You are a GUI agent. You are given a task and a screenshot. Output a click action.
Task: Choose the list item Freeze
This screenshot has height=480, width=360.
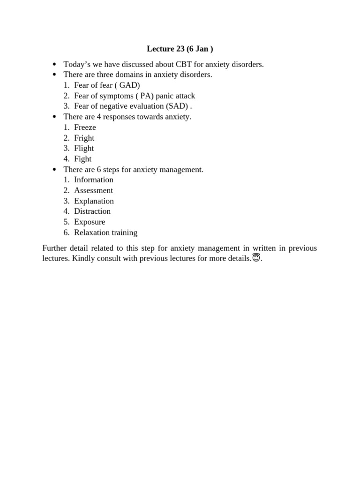click(x=85, y=127)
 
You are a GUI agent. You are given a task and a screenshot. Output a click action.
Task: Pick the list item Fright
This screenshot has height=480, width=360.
click(x=84, y=138)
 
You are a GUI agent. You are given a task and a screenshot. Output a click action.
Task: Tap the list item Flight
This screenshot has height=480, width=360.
click(x=84, y=148)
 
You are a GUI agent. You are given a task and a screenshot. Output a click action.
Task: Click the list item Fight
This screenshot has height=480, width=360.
click(x=82, y=159)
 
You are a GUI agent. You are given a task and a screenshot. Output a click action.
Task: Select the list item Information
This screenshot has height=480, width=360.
click(x=94, y=180)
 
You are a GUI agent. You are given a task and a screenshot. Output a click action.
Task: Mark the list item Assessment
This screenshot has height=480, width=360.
click(x=93, y=190)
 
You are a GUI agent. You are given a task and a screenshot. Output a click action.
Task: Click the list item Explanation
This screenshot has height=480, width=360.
click(x=94, y=201)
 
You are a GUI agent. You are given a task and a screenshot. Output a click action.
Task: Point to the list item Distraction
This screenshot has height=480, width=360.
click(x=92, y=211)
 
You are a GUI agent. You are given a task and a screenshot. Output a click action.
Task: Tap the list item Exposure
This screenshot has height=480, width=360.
click(x=90, y=222)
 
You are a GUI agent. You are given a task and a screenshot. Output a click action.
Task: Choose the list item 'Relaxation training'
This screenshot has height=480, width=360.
click(x=105, y=232)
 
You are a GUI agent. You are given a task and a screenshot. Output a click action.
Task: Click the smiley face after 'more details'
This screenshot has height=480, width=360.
click(x=256, y=258)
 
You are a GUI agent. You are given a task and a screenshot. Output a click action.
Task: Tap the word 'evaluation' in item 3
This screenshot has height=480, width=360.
click(x=142, y=106)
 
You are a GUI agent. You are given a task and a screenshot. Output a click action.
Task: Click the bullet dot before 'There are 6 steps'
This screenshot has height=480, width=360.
click(x=55, y=170)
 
